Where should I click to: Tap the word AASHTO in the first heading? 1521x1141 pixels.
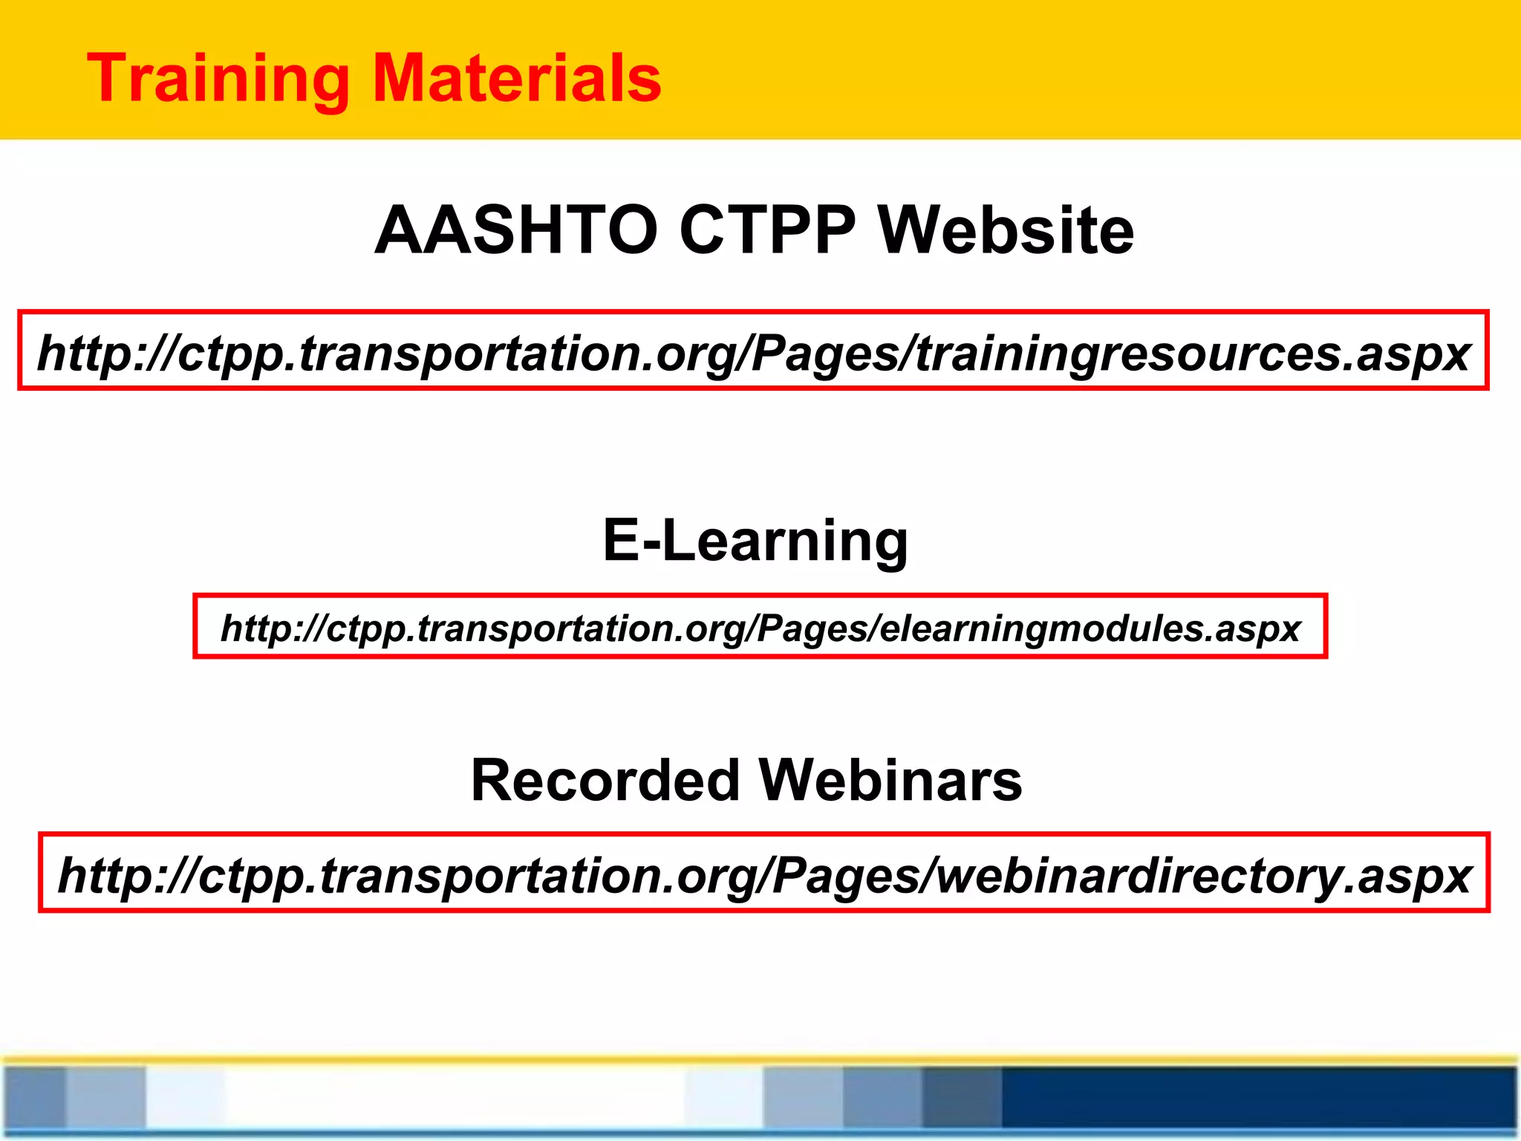click(516, 230)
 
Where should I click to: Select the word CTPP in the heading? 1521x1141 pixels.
click(767, 230)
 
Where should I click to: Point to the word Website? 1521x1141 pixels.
click(1006, 230)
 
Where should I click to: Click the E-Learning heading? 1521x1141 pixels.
click(755, 541)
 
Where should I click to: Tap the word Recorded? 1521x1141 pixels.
click(605, 781)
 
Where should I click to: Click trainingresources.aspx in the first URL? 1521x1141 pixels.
click(1192, 354)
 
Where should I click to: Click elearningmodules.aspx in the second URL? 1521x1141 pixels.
click(1090, 628)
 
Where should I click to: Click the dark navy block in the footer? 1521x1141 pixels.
click(1255, 1098)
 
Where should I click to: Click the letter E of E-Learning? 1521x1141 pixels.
click(622, 541)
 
